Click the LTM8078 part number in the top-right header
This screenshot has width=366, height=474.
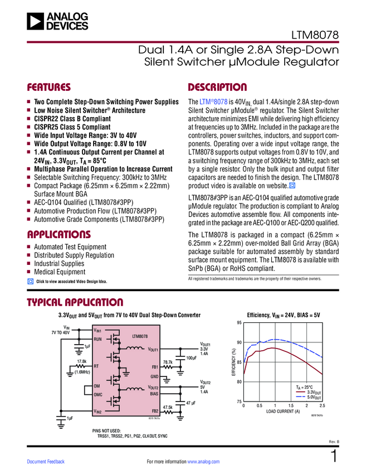click(x=316, y=35)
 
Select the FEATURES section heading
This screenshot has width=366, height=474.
click(x=48, y=88)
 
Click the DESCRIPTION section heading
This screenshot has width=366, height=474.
click(x=217, y=88)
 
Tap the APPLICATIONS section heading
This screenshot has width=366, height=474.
click(x=58, y=234)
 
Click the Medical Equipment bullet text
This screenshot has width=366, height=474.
click(x=60, y=272)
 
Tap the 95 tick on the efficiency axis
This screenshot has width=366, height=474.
click(x=238, y=323)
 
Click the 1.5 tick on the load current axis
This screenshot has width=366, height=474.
click(x=291, y=405)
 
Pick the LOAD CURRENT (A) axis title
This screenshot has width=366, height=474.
click(x=282, y=412)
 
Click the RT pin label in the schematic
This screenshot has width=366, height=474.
click(x=96, y=366)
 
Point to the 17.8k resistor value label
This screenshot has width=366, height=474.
click(x=82, y=361)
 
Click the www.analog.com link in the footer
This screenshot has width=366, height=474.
click(x=203, y=462)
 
